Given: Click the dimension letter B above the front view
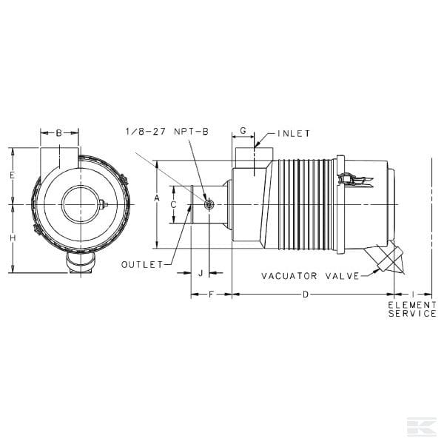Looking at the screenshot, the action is point(58,132).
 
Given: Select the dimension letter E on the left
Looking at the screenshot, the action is point(12,175).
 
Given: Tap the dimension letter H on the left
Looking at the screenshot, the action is point(13,238).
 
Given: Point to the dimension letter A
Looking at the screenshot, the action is point(157,198).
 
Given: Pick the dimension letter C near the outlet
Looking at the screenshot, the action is point(174,204).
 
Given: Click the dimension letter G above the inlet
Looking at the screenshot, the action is point(243,131).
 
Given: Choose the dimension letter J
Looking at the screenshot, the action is point(201,273).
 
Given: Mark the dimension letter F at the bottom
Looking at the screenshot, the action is point(211,295).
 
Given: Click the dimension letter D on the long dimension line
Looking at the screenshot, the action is point(305,295).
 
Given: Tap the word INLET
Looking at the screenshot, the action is point(294,134).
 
